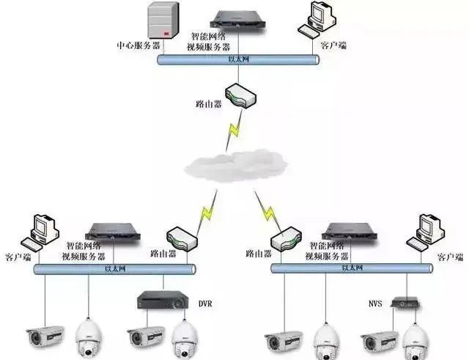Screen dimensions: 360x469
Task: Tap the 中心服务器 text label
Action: click(139, 45)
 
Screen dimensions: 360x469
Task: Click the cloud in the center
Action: click(234, 165)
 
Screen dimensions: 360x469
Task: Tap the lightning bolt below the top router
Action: click(234, 132)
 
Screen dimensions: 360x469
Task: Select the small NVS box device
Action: click(405, 301)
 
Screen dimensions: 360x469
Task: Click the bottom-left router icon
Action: click(181, 238)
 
